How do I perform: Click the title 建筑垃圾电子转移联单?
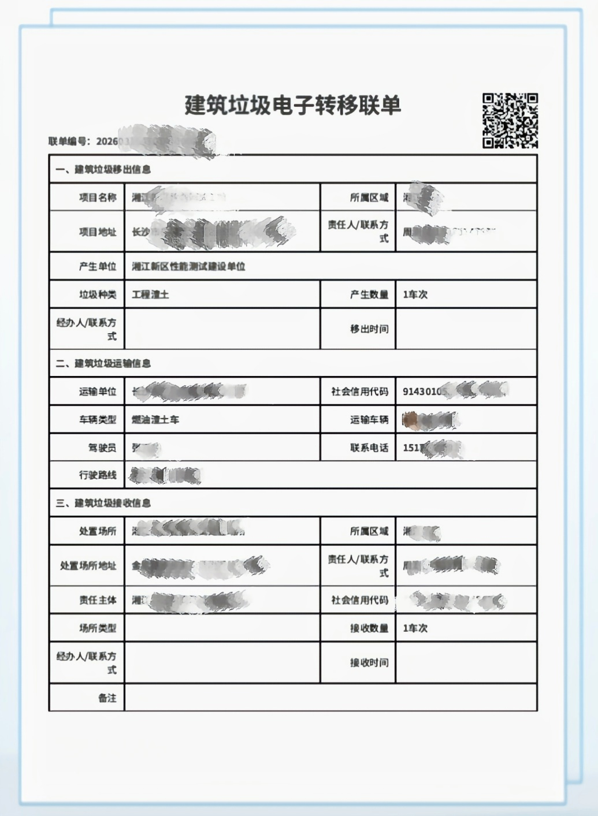[292, 106]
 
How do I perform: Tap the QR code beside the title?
[510, 121]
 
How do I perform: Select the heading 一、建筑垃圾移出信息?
[103, 170]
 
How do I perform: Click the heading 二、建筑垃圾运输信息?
[103, 364]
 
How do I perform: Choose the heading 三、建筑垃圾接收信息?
[103, 504]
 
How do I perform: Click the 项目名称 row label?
[98, 198]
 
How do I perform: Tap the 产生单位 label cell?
[98, 267]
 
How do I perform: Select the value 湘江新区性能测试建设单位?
[189, 267]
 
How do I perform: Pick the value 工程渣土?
[151, 295]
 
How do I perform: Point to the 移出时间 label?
[369, 329]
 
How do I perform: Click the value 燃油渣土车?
[155, 420]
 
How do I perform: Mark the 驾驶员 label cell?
[102, 448]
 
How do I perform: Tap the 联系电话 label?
[369, 448]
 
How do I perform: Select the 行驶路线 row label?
[98, 475]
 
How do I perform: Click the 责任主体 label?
[98, 601]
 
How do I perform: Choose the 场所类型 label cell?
[98, 628]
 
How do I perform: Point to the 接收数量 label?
[369, 628]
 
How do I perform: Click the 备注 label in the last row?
[107, 698]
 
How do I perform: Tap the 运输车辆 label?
[369, 420]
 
